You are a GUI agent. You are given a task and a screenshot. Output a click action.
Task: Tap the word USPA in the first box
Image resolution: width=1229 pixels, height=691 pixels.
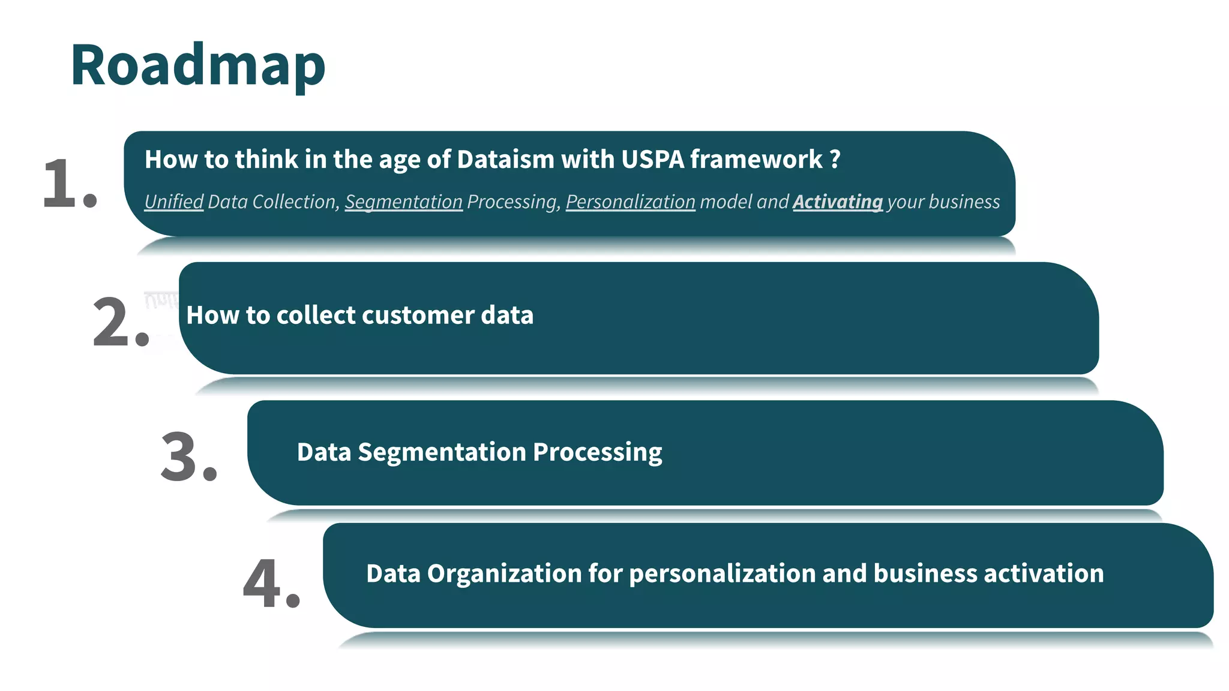pyautogui.click(x=652, y=160)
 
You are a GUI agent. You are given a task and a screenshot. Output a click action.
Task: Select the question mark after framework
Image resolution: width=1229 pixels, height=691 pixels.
pyautogui.click(x=835, y=160)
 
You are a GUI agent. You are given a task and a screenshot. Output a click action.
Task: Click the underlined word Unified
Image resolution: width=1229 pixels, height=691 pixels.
pyautogui.click(x=174, y=202)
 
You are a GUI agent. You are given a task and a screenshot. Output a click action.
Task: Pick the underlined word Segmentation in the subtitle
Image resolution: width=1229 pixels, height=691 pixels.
pyautogui.click(x=403, y=202)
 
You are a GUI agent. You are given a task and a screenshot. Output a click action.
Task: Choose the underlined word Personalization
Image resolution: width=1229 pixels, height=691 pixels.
pyautogui.click(x=630, y=202)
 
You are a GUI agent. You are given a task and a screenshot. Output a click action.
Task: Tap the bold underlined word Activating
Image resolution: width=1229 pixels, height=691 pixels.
pyautogui.click(x=837, y=202)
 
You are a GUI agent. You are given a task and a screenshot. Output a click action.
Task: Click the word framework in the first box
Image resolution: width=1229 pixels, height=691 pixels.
pyautogui.click(x=756, y=160)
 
